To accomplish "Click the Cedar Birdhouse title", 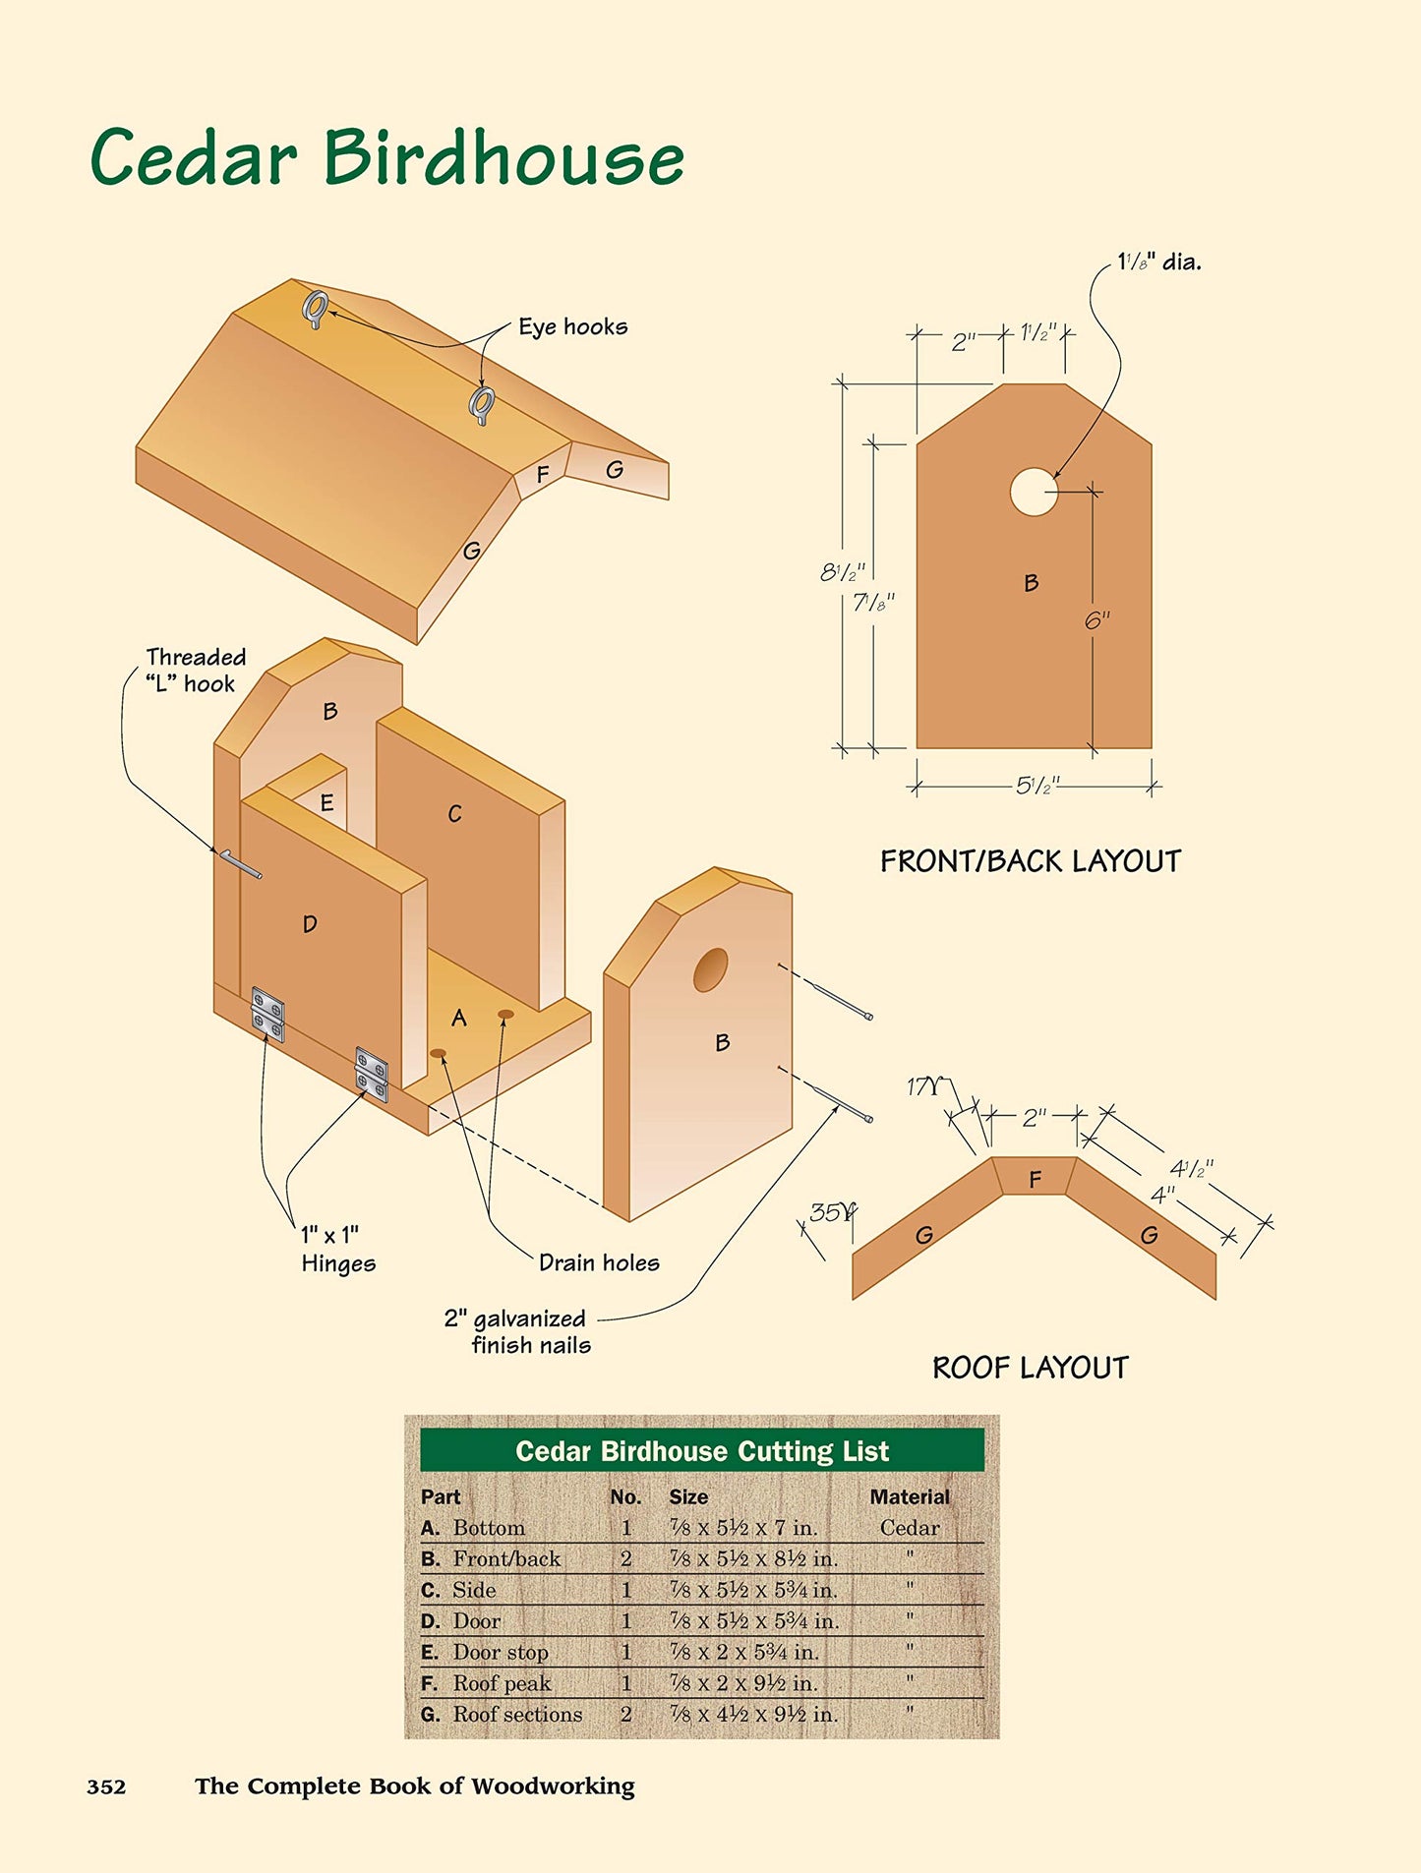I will point(386,157).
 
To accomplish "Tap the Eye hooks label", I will point(572,327).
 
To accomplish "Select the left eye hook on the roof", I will point(315,309).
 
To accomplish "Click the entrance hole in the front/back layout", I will point(1034,491).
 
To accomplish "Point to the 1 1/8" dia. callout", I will point(1158,263).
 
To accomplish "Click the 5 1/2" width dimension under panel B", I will point(1036,786).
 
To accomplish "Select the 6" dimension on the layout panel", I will point(1097,620).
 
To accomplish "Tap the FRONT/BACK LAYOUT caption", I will point(1030,861).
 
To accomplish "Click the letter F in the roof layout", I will point(1035,1179).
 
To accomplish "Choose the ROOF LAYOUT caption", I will point(1030,1368).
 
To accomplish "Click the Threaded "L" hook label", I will point(195,671).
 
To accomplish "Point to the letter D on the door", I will point(310,924).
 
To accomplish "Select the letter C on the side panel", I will point(454,814).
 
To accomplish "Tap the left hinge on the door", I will point(267,1014).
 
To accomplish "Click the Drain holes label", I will point(599,1263).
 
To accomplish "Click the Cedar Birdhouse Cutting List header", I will point(701,1451).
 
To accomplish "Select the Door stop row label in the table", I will point(500,1653).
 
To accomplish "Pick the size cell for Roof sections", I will point(753,1715).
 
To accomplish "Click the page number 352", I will point(106,1786).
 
